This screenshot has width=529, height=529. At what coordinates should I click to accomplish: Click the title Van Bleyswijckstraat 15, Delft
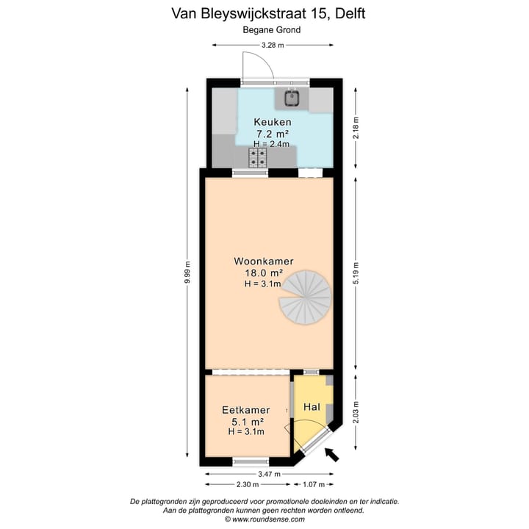(268, 12)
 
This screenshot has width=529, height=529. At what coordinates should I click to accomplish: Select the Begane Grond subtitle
(272, 30)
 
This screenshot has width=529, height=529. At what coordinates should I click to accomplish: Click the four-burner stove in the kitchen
(258, 156)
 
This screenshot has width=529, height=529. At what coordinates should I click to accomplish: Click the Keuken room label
(273, 122)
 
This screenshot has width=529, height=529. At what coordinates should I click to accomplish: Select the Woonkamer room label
(264, 261)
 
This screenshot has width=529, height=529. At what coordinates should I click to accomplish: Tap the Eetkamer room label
(245, 410)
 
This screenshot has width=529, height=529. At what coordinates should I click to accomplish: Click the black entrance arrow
(331, 455)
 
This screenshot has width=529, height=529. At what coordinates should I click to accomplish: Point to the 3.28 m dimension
(272, 46)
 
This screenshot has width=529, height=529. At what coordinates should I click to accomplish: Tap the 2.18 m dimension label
(356, 128)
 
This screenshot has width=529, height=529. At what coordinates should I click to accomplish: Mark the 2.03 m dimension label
(356, 413)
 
